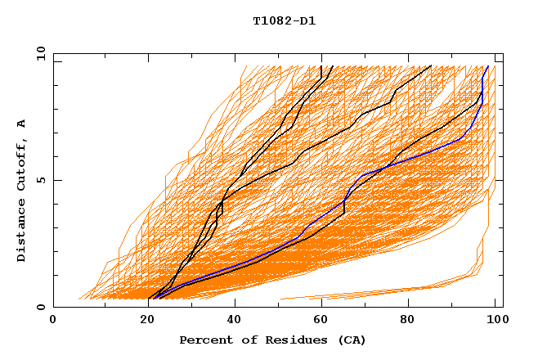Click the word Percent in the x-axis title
point(204,340)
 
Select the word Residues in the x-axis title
point(281,340)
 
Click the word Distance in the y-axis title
point(22,232)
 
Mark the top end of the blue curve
point(488,66)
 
